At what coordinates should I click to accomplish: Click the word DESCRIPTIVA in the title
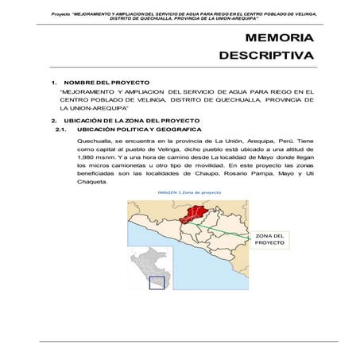point(266,56)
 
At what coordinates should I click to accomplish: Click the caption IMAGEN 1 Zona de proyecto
point(189,192)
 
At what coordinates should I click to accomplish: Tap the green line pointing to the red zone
point(230,223)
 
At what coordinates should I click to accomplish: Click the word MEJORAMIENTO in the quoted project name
point(89,91)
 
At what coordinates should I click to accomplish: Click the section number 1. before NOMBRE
point(52,83)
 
